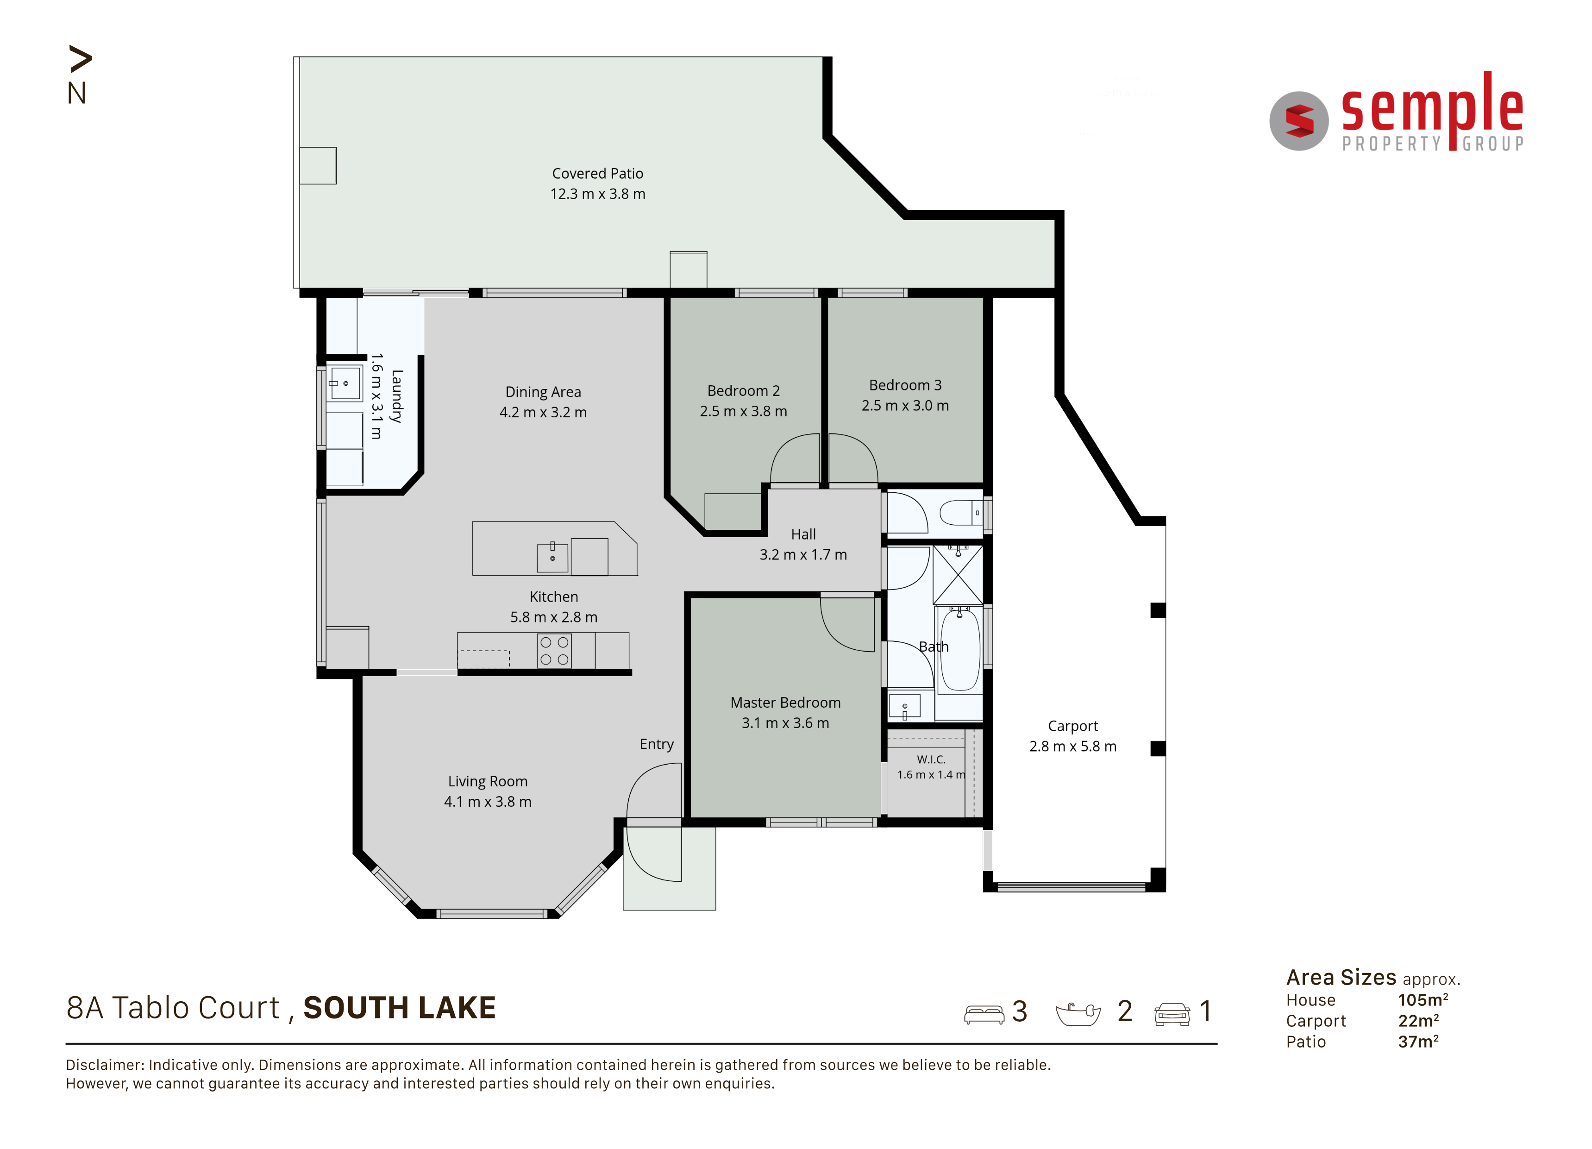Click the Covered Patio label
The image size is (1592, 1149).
(597, 173)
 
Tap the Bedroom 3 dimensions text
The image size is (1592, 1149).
(905, 406)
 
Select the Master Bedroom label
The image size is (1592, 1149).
(785, 703)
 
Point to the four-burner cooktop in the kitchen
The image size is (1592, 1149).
(554, 651)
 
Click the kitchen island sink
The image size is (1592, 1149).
(552, 557)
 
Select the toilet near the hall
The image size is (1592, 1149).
(961, 512)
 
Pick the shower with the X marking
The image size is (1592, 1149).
(958, 574)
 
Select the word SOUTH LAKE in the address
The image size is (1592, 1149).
(400, 1008)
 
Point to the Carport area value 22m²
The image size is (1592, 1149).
(1418, 1021)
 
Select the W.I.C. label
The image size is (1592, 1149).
(931, 760)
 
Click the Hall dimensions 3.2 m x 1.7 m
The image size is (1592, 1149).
(803, 554)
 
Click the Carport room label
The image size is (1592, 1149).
(1072, 726)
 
